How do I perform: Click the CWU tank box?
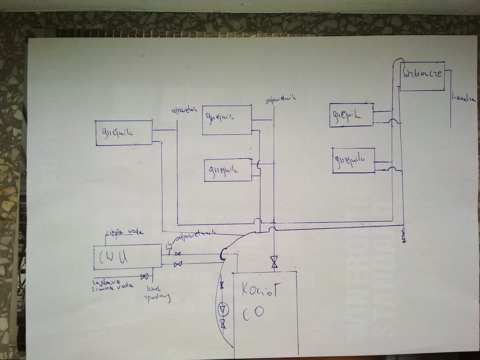[127, 257]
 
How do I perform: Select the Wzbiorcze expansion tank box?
[421, 76]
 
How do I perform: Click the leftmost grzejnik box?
[124, 132]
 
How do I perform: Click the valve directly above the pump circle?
[222, 286]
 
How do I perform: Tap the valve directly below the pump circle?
[223, 325]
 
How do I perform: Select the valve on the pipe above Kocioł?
[274, 262]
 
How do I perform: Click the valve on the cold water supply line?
[144, 276]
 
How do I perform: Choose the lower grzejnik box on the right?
[353, 160]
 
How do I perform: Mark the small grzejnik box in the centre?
[228, 170]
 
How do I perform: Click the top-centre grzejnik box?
[227, 120]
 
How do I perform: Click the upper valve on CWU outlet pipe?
[178, 253]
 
